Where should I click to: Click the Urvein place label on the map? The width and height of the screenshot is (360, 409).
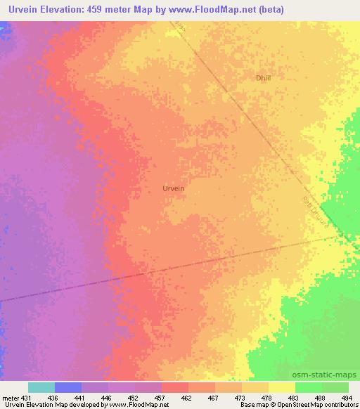[173, 188]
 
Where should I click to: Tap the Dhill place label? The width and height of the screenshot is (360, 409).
[263, 78]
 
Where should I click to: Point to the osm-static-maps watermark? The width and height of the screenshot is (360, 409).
[330, 375]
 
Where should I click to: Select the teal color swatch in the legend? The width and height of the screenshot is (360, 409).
[41, 387]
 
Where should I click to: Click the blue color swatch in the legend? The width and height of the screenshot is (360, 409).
[68, 387]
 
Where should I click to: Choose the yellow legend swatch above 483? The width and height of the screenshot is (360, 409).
[282, 387]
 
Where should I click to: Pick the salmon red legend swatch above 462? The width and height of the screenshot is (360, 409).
[175, 387]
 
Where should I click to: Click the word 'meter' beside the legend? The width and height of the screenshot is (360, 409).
[11, 397]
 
